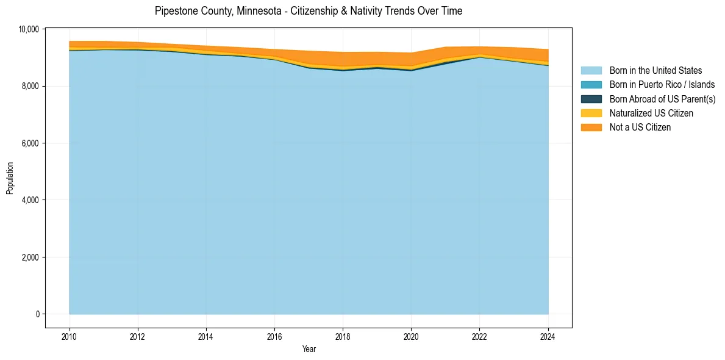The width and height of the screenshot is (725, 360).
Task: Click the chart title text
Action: pos(309,11)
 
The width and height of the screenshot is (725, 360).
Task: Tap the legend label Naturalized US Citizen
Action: pos(651,113)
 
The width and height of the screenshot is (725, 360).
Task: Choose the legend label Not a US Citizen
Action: pos(640,127)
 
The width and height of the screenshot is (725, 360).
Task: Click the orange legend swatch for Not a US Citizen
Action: pos(591,127)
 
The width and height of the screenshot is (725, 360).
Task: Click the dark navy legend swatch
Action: pos(591,99)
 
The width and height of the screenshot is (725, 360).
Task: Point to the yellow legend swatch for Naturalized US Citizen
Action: pos(591,113)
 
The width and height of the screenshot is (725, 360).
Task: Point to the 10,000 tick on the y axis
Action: pos(29,29)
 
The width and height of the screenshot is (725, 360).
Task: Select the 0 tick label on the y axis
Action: pos(37,314)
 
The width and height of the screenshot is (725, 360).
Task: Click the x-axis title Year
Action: pos(309,349)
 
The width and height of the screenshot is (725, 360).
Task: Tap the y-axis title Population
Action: pos(10,178)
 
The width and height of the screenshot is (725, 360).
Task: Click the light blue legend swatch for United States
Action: pos(591,71)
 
